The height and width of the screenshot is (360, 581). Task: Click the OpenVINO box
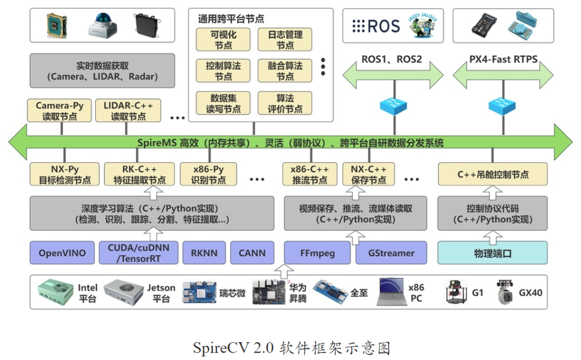point(62,253)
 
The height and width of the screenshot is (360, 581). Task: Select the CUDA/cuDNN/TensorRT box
point(138,253)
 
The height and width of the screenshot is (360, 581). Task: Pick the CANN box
point(252,253)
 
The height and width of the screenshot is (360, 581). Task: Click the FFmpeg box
point(317,253)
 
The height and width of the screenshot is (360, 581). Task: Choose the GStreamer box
point(392,253)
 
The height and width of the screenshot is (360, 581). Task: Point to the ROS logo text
point(376,26)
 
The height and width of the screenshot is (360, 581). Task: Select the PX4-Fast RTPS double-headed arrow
point(503,74)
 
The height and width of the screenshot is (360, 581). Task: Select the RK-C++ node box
point(139,174)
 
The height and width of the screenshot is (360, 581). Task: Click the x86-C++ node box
point(310,174)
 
